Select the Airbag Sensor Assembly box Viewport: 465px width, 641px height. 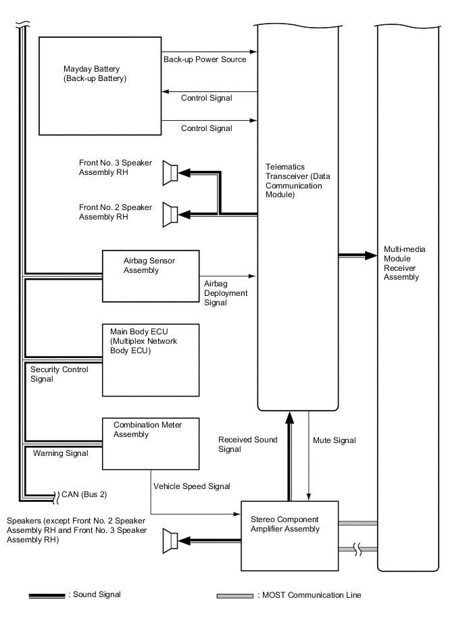coord(151,276)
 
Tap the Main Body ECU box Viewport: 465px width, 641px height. coord(151,360)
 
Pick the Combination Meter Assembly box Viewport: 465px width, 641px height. coord(151,443)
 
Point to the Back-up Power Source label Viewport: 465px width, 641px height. coord(205,59)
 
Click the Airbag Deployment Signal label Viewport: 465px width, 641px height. coord(226,294)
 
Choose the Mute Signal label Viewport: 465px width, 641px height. coord(335,440)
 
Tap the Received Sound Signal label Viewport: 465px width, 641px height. coord(247,444)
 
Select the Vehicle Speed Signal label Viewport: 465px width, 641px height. coord(192,486)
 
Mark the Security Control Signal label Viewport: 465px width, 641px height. coord(59,374)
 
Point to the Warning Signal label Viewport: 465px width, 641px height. coord(60,453)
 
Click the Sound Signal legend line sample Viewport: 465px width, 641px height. coord(47,596)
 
